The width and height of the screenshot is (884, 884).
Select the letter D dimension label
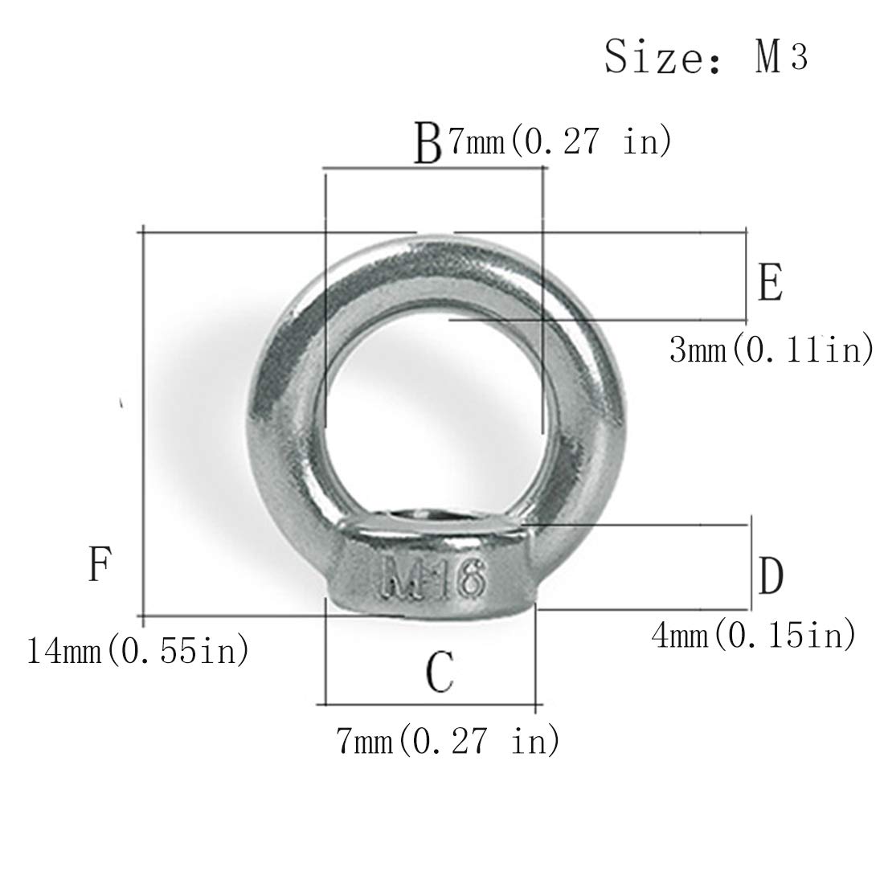coord(771,575)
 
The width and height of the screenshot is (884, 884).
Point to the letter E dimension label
coord(771,282)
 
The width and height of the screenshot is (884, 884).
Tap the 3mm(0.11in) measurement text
coord(771,350)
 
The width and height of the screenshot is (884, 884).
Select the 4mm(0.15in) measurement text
coord(753,636)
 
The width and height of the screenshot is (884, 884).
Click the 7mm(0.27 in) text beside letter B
coord(559,141)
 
